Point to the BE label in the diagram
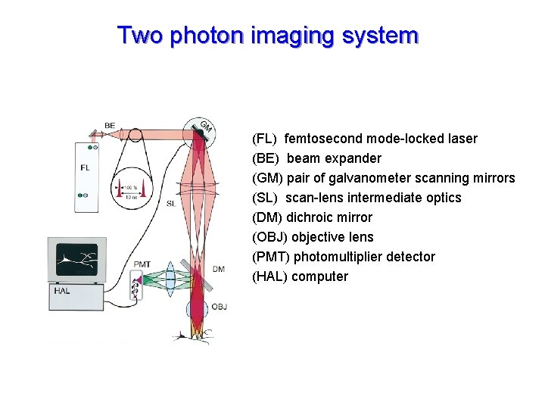tap(110, 126)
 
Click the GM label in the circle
tap(206, 126)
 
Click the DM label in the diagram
tap(219, 269)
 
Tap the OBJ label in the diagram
tap(220, 307)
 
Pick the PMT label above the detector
tap(142, 264)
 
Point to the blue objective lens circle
tap(197, 309)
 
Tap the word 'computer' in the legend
tap(319, 276)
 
